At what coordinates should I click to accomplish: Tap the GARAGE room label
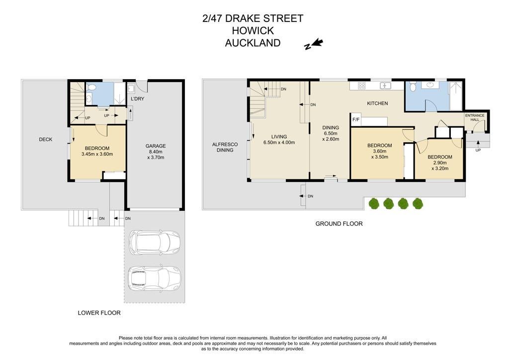point(156,146)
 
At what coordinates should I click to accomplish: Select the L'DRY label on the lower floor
point(137,98)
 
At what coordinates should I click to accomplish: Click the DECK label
point(45,139)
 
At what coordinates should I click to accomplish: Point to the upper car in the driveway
point(155,243)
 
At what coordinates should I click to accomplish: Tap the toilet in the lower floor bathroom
point(91,87)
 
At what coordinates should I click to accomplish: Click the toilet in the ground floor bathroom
point(413,87)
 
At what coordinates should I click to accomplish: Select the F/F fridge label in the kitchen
point(356,120)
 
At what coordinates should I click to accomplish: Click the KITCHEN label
point(377,103)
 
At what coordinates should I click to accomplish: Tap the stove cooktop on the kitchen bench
point(362,86)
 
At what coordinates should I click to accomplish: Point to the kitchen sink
point(385,86)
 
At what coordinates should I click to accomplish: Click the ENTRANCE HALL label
point(475,117)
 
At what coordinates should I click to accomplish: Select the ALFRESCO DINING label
point(225,147)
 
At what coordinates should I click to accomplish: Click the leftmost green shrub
point(374,204)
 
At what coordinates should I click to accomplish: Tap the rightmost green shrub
point(418,204)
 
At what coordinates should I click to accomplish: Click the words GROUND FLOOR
point(339,224)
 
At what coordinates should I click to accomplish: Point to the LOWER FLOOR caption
point(99,313)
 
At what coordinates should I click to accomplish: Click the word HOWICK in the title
point(253,31)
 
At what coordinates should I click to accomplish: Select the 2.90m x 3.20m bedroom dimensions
point(440,166)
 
